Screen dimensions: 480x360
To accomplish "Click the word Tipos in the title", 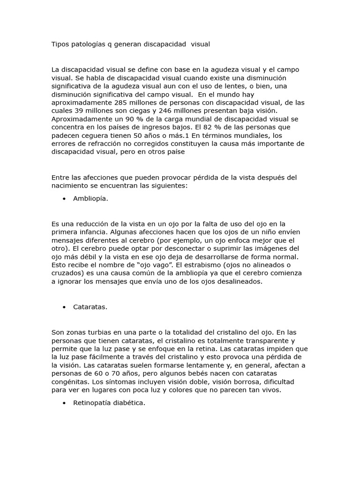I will point(60,44).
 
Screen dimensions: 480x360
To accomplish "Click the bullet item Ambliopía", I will point(90,199).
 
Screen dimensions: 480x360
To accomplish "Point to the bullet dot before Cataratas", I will point(63,307).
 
